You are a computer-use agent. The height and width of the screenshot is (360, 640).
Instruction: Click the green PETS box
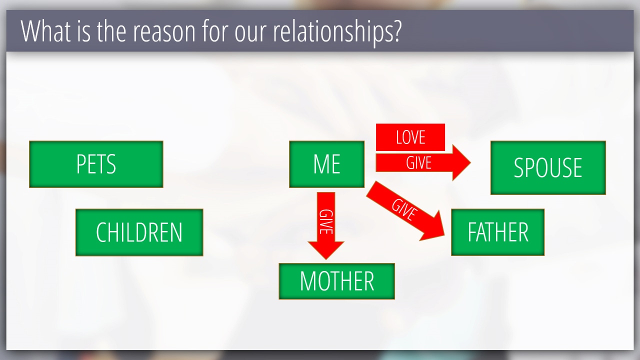(96, 164)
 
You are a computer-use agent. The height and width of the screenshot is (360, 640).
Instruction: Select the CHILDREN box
(139, 232)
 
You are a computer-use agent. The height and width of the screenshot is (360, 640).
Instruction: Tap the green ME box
(326, 164)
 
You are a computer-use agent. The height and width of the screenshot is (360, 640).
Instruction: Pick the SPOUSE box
(548, 167)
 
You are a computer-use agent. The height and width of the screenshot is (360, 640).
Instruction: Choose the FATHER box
(497, 232)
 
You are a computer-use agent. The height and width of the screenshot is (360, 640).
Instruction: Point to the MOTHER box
(337, 281)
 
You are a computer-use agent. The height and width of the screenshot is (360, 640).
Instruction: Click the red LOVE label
(410, 137)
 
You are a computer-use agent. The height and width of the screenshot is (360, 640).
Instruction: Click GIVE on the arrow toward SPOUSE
(419, 163)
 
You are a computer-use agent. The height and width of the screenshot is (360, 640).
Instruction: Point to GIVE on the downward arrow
(326, 221)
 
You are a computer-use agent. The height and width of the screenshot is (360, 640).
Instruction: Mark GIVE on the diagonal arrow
(404, 209)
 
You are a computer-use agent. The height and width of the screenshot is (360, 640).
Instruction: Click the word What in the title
(45, 31)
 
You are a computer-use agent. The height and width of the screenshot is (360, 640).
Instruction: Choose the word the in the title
(111, 31)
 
